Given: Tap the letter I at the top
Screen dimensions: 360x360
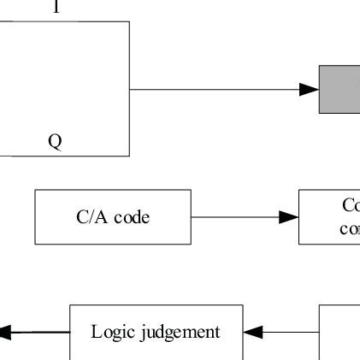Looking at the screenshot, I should click(x=56, y=8).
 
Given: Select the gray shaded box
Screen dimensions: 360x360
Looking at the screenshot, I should click(x=340, y=89).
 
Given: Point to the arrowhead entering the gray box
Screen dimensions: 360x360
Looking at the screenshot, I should click(x=309, y=89).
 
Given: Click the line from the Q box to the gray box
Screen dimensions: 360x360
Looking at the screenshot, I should click(x=214, y=89).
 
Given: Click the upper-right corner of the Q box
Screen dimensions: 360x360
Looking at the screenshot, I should click(x=129, y=22).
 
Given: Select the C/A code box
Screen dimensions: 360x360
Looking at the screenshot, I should click(x=112, y=217).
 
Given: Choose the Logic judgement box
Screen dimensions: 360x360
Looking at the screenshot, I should click(x=156, y=332).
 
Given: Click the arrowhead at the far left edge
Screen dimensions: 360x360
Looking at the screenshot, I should click(x=5, y=332).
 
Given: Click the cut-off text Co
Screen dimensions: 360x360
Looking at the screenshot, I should click(x=350, y=206).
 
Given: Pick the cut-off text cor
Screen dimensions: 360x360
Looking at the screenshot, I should click(x=350, y=229).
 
